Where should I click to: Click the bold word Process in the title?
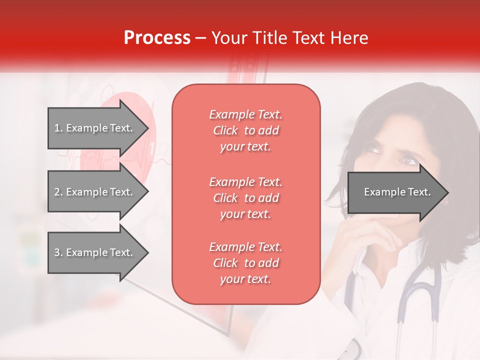pos(157,38)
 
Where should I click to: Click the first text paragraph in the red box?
pos(245,130)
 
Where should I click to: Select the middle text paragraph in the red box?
pos(245,198)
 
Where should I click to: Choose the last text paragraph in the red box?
pos(245,263)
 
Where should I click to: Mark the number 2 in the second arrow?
pos(57,192)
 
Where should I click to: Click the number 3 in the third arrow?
pos(57,252)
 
